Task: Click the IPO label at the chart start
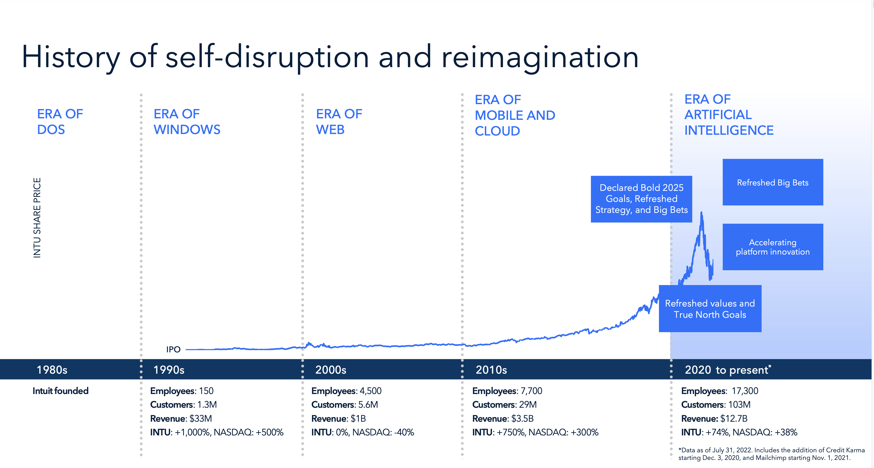coord(173,349)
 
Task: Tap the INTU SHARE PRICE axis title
coord(37,218)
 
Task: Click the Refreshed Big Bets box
coord(773,182)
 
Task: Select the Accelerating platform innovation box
coord(773,247)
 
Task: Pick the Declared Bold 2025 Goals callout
coord(641,199)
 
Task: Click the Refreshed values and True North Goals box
coord(710,308)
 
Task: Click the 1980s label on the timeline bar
coord(52,369)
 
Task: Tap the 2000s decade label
coord(330,369)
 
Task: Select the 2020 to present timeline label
coord(728,369)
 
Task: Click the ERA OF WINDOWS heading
coord(187,122)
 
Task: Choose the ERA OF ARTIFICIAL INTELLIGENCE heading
coord(728,115)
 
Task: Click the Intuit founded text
coord(61,391)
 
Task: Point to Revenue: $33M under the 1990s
coord(181,419)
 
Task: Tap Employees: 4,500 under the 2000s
coord(346,391)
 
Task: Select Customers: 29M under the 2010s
coord(504,405)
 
